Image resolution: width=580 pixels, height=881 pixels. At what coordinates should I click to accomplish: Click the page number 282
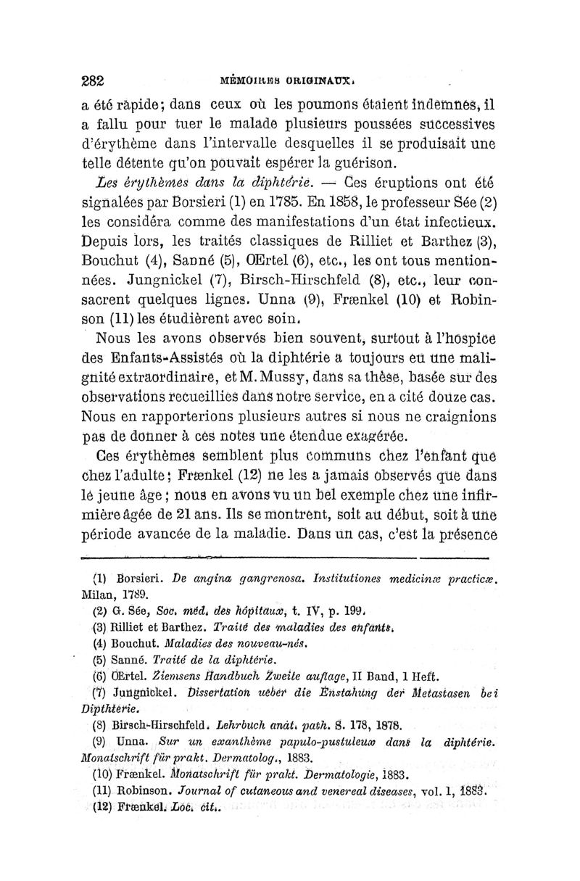94,80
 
